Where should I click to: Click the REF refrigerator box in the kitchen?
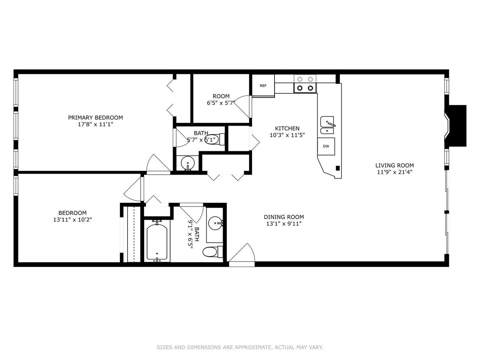(x=263, y=85)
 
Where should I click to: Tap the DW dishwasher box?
(x=326, y=146)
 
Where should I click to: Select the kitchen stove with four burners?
(x=305, y=84)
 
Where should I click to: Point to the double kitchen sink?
(x=327, y=125)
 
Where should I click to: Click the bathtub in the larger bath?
(x=157, y=242)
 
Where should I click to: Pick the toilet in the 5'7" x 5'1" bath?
(x=214, y=139)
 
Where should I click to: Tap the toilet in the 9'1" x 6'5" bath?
(x=213, y=252)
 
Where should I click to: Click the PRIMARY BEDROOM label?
(x=95, y=118)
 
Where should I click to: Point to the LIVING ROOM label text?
(x=394, y=165)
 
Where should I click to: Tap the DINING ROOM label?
(x=284, y=217)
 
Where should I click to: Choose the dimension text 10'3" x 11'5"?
(x=287, y=135)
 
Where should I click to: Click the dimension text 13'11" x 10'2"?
(x=72, y=219)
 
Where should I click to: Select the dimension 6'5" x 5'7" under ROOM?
(x=221, y=103)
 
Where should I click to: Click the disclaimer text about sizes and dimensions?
(x=240, y=347)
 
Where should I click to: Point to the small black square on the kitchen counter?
(x=338, y=168)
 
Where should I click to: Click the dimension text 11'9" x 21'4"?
(x=394, y=172)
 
